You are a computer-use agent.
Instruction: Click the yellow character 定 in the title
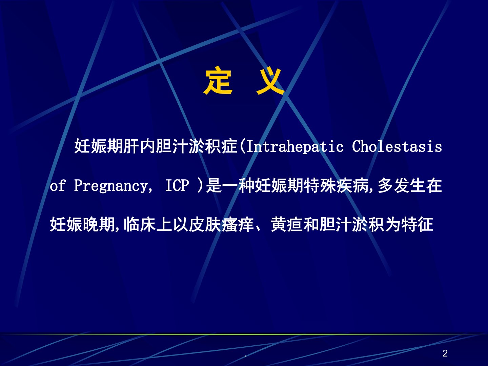coord(218,80)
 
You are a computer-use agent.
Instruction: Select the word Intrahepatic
coord(295,146)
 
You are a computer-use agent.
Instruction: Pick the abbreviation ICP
coord(177,185)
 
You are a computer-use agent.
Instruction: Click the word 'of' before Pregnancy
coord(57,185)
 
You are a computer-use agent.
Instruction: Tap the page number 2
coord(445,353)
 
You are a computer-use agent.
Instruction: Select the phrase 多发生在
coord(410,185)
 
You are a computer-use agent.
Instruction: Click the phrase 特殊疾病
coord(336,185)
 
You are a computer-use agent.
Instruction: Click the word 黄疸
coord(287,224)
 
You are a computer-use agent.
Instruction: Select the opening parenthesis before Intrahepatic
coord(243,146)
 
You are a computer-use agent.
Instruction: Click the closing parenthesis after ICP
coord(200,185)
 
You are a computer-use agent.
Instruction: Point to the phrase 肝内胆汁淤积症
coord(180,146)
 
